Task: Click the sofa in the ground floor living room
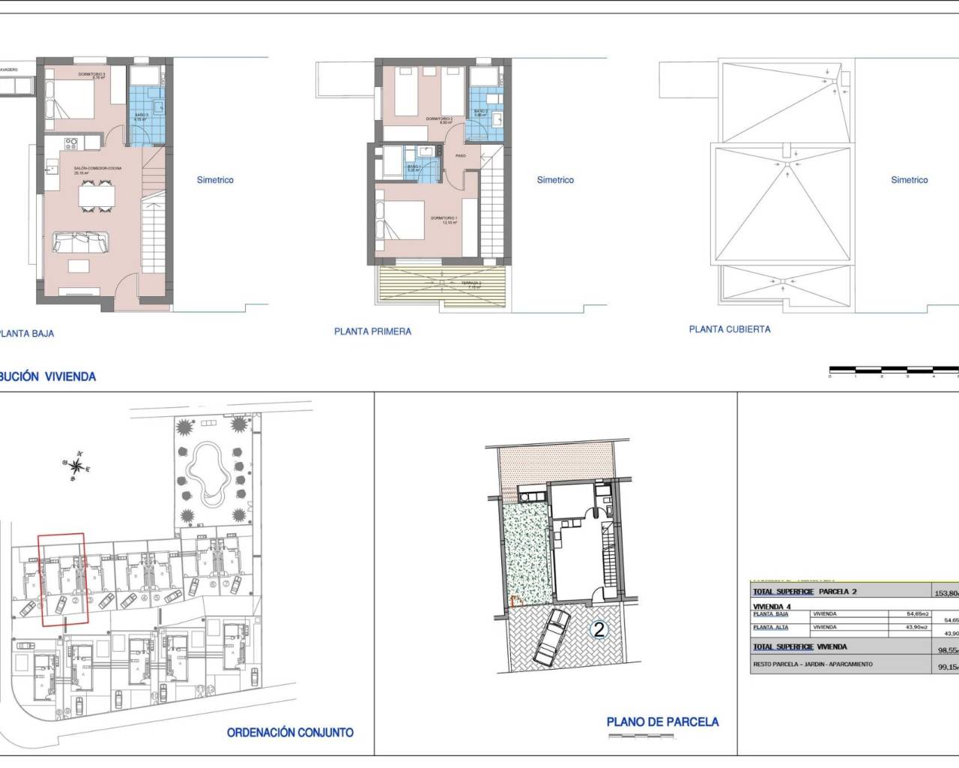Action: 80,241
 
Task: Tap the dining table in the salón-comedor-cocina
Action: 97,196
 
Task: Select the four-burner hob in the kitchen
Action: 72,142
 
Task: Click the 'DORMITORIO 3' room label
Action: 92,75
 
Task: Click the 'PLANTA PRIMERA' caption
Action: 372,331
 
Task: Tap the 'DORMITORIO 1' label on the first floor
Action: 444,219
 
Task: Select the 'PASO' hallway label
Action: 461,156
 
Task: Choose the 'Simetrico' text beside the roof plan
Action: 910,180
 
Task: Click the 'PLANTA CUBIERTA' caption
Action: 729,329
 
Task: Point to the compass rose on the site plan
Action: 76,466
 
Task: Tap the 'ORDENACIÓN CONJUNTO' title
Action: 290,733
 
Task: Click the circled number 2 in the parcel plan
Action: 599,630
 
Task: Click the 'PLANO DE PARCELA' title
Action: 662,722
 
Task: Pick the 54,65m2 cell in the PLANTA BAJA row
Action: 918,614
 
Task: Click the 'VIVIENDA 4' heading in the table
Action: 772,606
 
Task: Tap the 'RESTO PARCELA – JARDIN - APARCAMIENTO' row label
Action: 813,664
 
